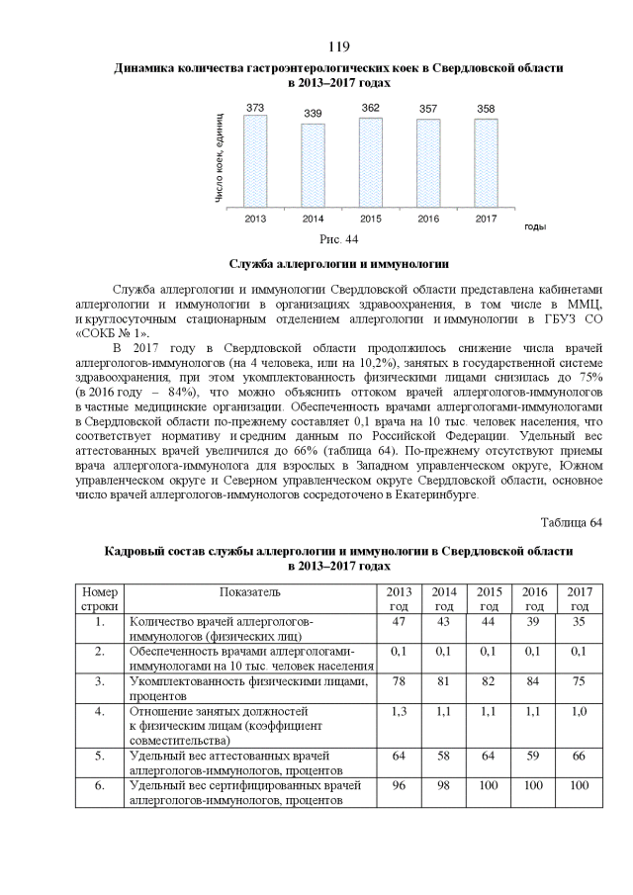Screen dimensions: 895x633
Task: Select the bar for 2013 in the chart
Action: pyautogui.click(x=255, y=160)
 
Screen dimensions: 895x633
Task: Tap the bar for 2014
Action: pyautogui.click(x=313, y=164)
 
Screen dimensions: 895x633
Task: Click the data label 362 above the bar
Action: pyautogui.click(x=370, y=108)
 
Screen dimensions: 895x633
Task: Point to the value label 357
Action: pyautogui.click(x=428, y=109)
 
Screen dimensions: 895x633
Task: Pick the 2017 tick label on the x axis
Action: pyautogui.click(x=486, y=218)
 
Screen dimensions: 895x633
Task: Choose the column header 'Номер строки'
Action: pyautogui.click(x=100, y=598)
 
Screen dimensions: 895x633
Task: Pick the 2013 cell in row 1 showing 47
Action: pyautogui.click(x=400, y=621)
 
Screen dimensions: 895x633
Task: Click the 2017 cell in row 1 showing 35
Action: pyautogui.click(x=580, y=621)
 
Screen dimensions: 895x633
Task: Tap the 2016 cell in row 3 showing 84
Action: pyautogui.click(x=534, y=680)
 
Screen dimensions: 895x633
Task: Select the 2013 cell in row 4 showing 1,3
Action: pyautogui.click(x=400, y=710)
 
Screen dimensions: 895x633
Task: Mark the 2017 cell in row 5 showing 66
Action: pyautogui.click(x=580, y=756)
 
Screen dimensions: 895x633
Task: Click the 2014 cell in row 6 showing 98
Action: pyautogui.click(x=444, y=785)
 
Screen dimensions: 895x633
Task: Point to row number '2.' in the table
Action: pyautogui.click(x=100, y=651)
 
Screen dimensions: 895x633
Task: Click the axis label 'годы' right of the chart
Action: pyautogui.click(x=535, y=226)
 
